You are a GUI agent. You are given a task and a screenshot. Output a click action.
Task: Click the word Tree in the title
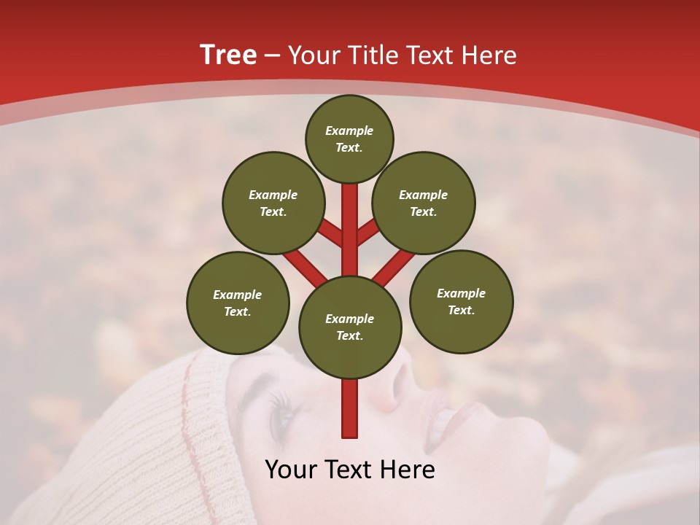[x=228, y=55]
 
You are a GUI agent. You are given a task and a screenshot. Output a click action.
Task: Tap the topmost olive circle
[x=349, y=139]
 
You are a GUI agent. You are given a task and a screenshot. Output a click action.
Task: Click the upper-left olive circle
[x=273, y=203]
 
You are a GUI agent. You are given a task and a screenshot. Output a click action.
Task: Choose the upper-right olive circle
[x=424, y=203]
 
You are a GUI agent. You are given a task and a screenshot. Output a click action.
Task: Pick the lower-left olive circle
[x=238, y=303]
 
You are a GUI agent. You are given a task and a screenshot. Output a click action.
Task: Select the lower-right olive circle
[x=461, y=301]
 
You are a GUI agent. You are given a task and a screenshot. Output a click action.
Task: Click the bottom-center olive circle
[x=350, y=327]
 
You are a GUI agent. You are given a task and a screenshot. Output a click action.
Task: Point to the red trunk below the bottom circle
[x=350, y=408]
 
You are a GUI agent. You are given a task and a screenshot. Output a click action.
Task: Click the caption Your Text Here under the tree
[x=350, y=470]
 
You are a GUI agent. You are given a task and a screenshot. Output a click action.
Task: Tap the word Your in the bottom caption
[x=290, y=470]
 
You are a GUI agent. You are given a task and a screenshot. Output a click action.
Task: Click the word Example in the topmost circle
[x=349, y=131]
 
